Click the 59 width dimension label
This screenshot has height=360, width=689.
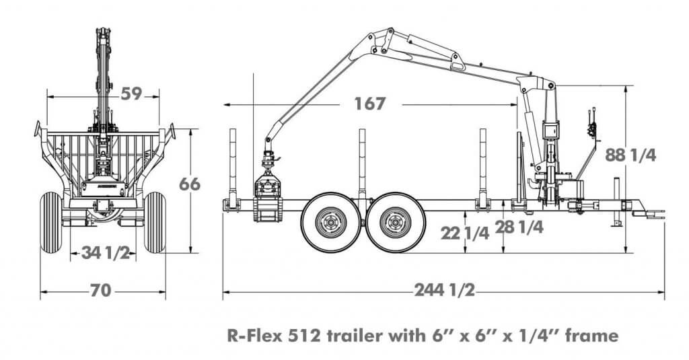click(132, 94)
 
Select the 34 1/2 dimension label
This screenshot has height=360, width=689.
click(104, 253)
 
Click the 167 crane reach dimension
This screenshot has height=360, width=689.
click(369, 104)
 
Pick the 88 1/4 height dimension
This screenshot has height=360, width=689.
click(630, 155)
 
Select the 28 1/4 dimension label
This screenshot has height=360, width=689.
click(519, 226)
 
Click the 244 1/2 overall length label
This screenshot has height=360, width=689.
click(445, 291)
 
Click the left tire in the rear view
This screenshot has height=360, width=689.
click(50, 221)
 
